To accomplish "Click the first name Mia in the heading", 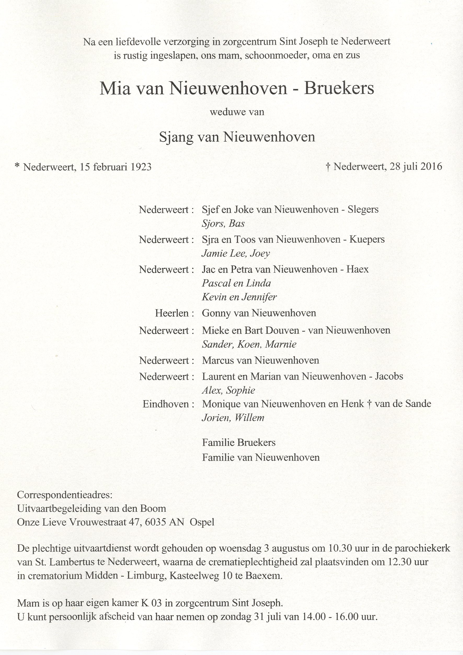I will click(x=115, y=89).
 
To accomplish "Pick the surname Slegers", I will click(x=363, y=210).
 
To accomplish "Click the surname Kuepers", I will click(x=367, y=240).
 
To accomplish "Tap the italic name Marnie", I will click(x=281, y=345).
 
